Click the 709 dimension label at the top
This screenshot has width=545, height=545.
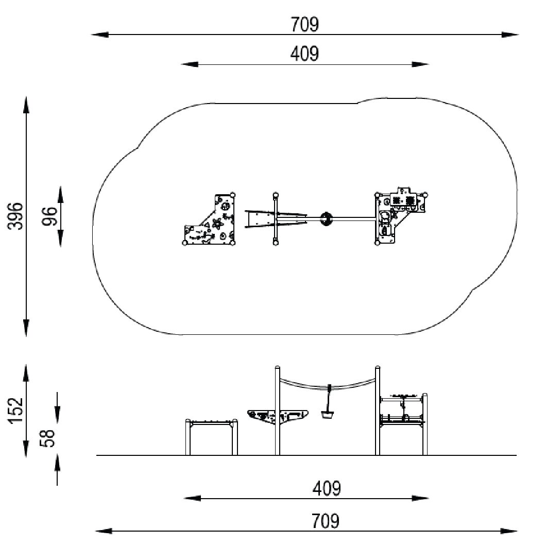pyautogui.click(x=304, y=24)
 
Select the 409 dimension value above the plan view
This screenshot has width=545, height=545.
pyautogui.click(x=304, y=54)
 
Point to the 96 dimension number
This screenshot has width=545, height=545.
pyautogui.click(x=49, y=216)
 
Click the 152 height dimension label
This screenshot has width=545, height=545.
pyautogui.click(x=15, y=411)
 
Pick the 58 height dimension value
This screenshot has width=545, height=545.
pyautogui.click(x=47, y=438)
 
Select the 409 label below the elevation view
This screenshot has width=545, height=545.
pyautogui.click(x=327, y=488)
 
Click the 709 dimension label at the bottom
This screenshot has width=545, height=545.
pyautogui.click(x=325, y=521)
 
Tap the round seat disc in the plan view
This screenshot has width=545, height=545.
pyautogui.click(x=326, y=219)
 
